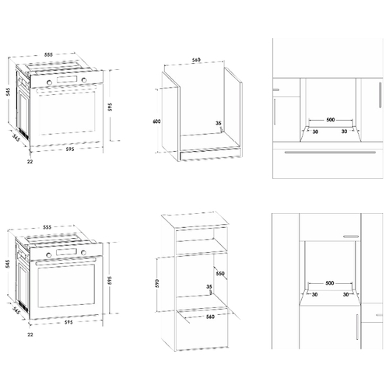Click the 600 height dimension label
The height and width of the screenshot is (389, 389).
point(156,121)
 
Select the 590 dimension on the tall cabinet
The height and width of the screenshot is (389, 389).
point(157,283)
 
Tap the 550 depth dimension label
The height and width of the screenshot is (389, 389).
point(220,273)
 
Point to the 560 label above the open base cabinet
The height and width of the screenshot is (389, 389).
point(196,60)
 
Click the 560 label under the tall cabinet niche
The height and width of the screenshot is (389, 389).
point(210,317)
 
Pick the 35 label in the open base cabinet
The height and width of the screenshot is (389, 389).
point(219,123)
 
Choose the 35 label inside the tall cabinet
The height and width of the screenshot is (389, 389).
point(209,286)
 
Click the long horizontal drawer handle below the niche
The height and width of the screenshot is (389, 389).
point(330,152)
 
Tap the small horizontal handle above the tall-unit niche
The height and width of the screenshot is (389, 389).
point(351,237)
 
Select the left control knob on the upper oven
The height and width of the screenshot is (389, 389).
point(49,82)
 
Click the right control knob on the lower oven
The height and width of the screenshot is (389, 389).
point(83,252)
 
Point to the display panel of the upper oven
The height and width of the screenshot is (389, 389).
point(67,79)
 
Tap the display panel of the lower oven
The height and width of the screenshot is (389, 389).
point(67,251)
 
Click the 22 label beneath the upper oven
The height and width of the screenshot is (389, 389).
point(30,161)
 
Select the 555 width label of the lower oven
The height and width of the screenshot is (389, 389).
point(47,227)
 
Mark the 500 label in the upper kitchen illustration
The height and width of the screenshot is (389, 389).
point(331,120)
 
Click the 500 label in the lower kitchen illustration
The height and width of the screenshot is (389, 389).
point(330,283)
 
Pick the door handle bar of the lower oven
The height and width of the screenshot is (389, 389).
point(66,261)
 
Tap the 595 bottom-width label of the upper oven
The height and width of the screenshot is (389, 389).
point(70,149)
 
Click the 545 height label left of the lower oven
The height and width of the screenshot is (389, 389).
point(9,264)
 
